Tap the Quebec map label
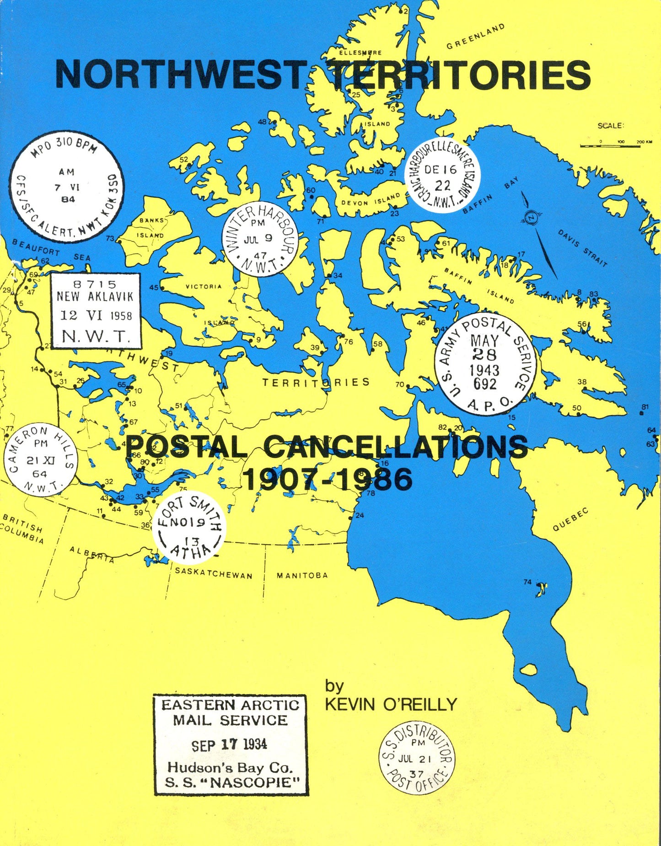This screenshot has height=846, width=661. (570, 519)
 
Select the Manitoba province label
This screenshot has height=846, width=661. (302, 575)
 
